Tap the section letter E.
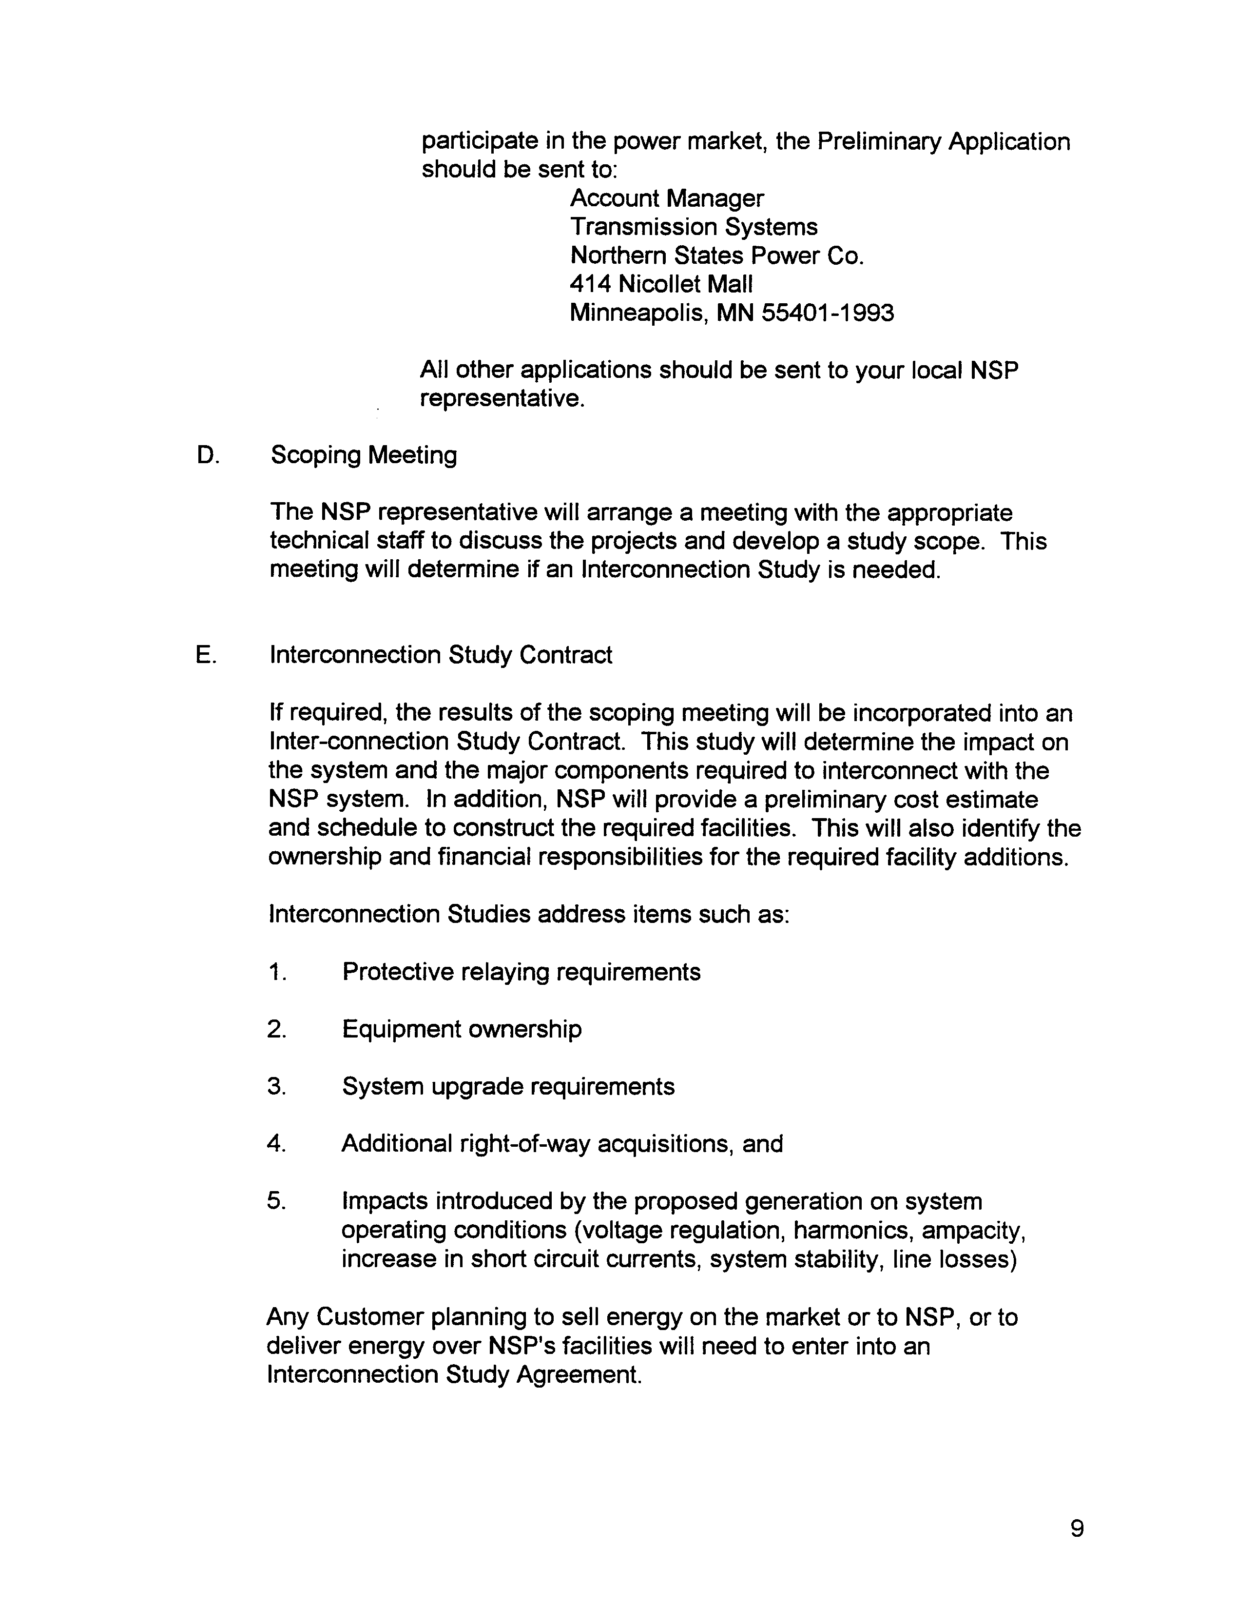tap(206, 654)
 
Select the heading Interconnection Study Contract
tap(441, 654)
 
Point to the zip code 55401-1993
tap(828, 313)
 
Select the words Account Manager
tap(667, 198)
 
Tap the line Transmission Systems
tap(694, 227)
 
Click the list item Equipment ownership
tap(462, 1029)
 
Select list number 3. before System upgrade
tap(276, 1086)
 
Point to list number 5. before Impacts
tap(276, 1201)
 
